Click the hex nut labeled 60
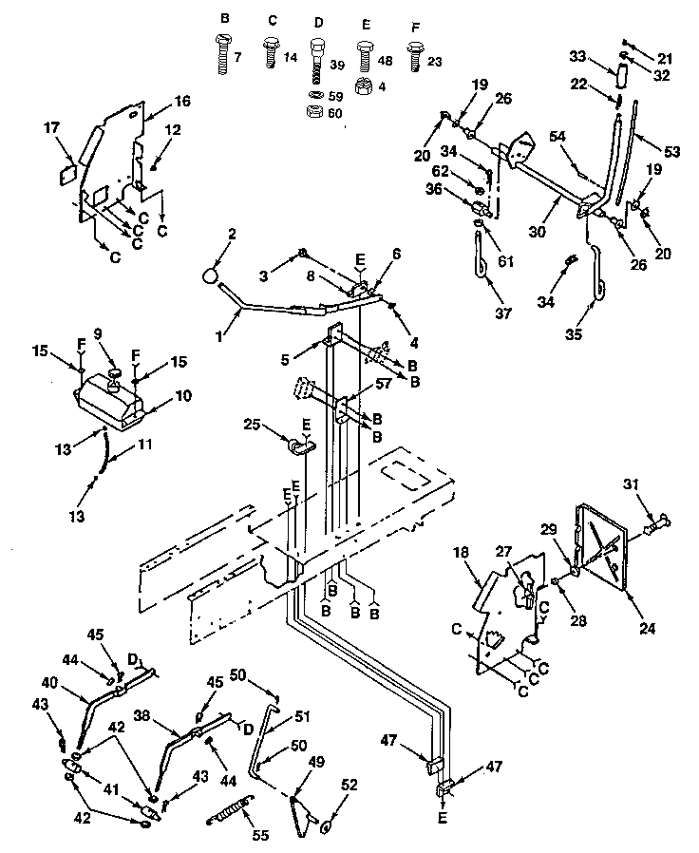315,112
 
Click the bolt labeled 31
652,521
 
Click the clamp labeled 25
299,447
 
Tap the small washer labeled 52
328,825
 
